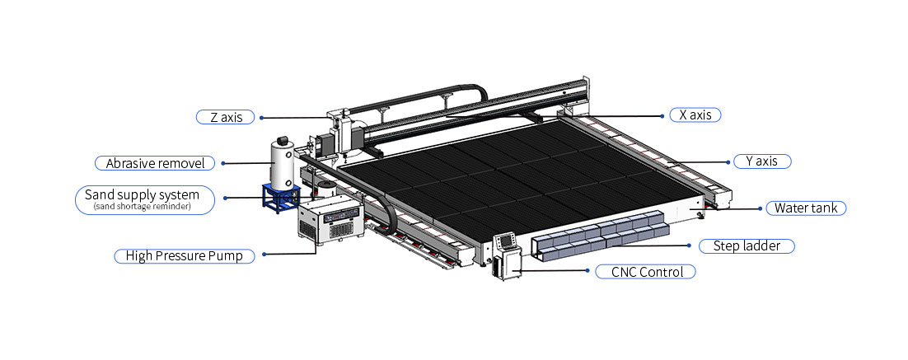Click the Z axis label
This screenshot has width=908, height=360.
(226, 117)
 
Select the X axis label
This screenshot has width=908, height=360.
(695, 115)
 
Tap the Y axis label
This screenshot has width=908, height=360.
(762, 161)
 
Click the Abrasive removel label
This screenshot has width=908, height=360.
(155, 163)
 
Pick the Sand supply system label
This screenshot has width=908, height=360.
(145, 199)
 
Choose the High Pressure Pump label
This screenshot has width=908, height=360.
(184, 256)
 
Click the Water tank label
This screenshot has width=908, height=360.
(806, 208)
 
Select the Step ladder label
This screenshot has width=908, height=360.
(747, 246)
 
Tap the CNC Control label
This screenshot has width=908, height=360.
(645, 272)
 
